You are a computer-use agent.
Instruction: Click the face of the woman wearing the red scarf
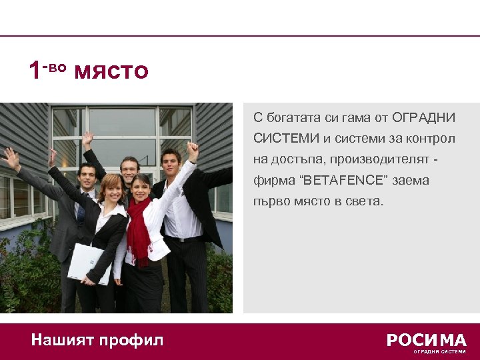[142, 188]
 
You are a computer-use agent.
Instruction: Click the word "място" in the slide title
[111, 70]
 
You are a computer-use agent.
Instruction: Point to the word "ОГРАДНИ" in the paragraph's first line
[423, 118]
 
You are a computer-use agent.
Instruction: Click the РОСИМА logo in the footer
[427, 340]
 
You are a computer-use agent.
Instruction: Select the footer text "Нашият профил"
[97, 341]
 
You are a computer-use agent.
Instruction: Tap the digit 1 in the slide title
[35, 70]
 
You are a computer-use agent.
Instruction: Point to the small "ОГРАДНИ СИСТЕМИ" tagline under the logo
[439, 351]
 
